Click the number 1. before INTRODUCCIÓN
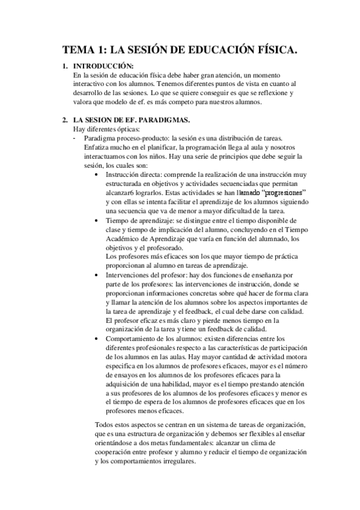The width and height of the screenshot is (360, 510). coord(66,66)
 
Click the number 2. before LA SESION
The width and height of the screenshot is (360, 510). coord(66,120)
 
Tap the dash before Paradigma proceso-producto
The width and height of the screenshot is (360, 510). coord(74,138)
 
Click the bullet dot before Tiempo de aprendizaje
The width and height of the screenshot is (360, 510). coord(97,221)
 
